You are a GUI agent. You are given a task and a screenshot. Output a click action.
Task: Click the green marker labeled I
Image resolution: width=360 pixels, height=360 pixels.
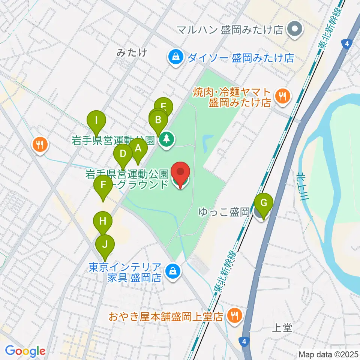[97, 121]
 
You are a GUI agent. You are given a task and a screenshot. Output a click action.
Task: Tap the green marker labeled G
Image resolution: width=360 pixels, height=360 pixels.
[264, 203]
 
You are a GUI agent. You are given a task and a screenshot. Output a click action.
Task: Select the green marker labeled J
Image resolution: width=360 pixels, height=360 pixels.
[105, 245]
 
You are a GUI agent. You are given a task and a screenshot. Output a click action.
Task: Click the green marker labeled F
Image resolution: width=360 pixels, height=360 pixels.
[102, 184]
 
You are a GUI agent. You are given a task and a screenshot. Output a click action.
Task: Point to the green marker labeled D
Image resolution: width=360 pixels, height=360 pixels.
[123, 154]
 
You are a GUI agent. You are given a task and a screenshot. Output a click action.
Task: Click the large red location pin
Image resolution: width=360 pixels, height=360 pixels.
[180, 173]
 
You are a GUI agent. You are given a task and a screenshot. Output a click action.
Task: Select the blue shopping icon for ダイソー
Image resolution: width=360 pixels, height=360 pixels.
[175, 57]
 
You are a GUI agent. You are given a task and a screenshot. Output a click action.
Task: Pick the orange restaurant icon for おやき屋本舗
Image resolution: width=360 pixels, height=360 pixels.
[235, 315]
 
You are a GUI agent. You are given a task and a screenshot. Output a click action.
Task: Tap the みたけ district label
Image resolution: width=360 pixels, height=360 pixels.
[131, 53]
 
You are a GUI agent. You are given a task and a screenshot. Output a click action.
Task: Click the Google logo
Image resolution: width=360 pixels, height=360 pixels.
[25, 351]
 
